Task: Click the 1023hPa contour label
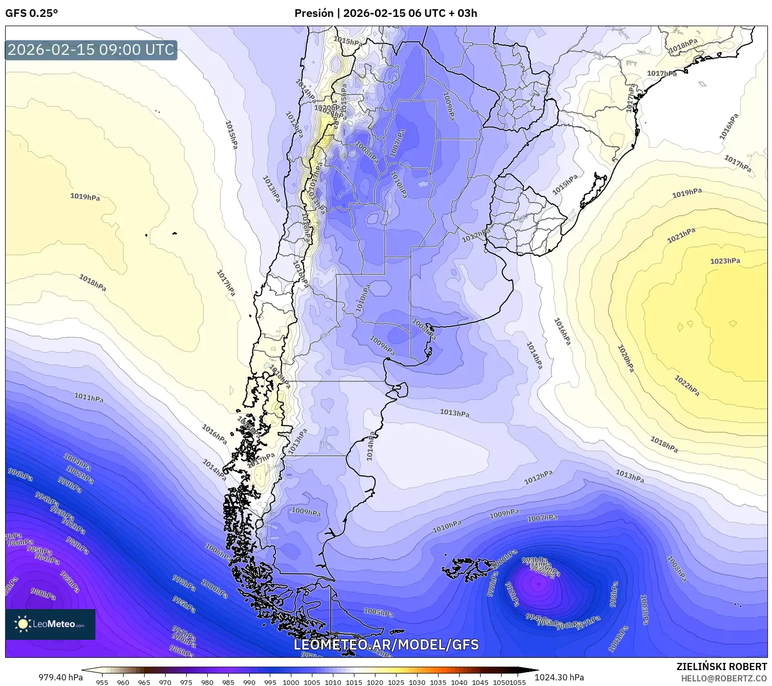tap(725, 261)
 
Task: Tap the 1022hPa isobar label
tap(687, 386)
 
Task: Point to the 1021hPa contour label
tap(681, 236)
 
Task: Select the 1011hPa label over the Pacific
tap(88, 397)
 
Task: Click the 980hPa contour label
tap(43, 594)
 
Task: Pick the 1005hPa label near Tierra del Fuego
tap(378, 612)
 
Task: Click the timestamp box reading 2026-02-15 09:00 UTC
tap(91, 50)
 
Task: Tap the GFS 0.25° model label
tap(31, 13)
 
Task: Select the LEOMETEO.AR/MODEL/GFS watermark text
tap(386, 644)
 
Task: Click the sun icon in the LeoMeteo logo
tap(23, 624)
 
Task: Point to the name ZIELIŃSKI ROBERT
tap(722, 667)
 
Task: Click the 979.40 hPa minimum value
tap(61, 677)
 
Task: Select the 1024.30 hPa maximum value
tap(559, 677)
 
